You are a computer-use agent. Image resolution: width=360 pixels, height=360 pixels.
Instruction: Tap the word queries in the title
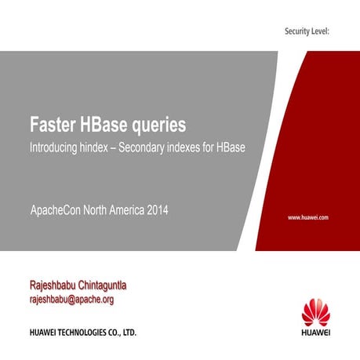161,125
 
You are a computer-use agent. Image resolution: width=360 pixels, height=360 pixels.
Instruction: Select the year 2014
155,210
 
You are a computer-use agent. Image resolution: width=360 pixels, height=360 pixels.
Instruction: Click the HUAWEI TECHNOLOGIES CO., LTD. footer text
83,333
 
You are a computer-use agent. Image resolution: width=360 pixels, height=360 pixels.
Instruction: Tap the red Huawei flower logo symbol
317,311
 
